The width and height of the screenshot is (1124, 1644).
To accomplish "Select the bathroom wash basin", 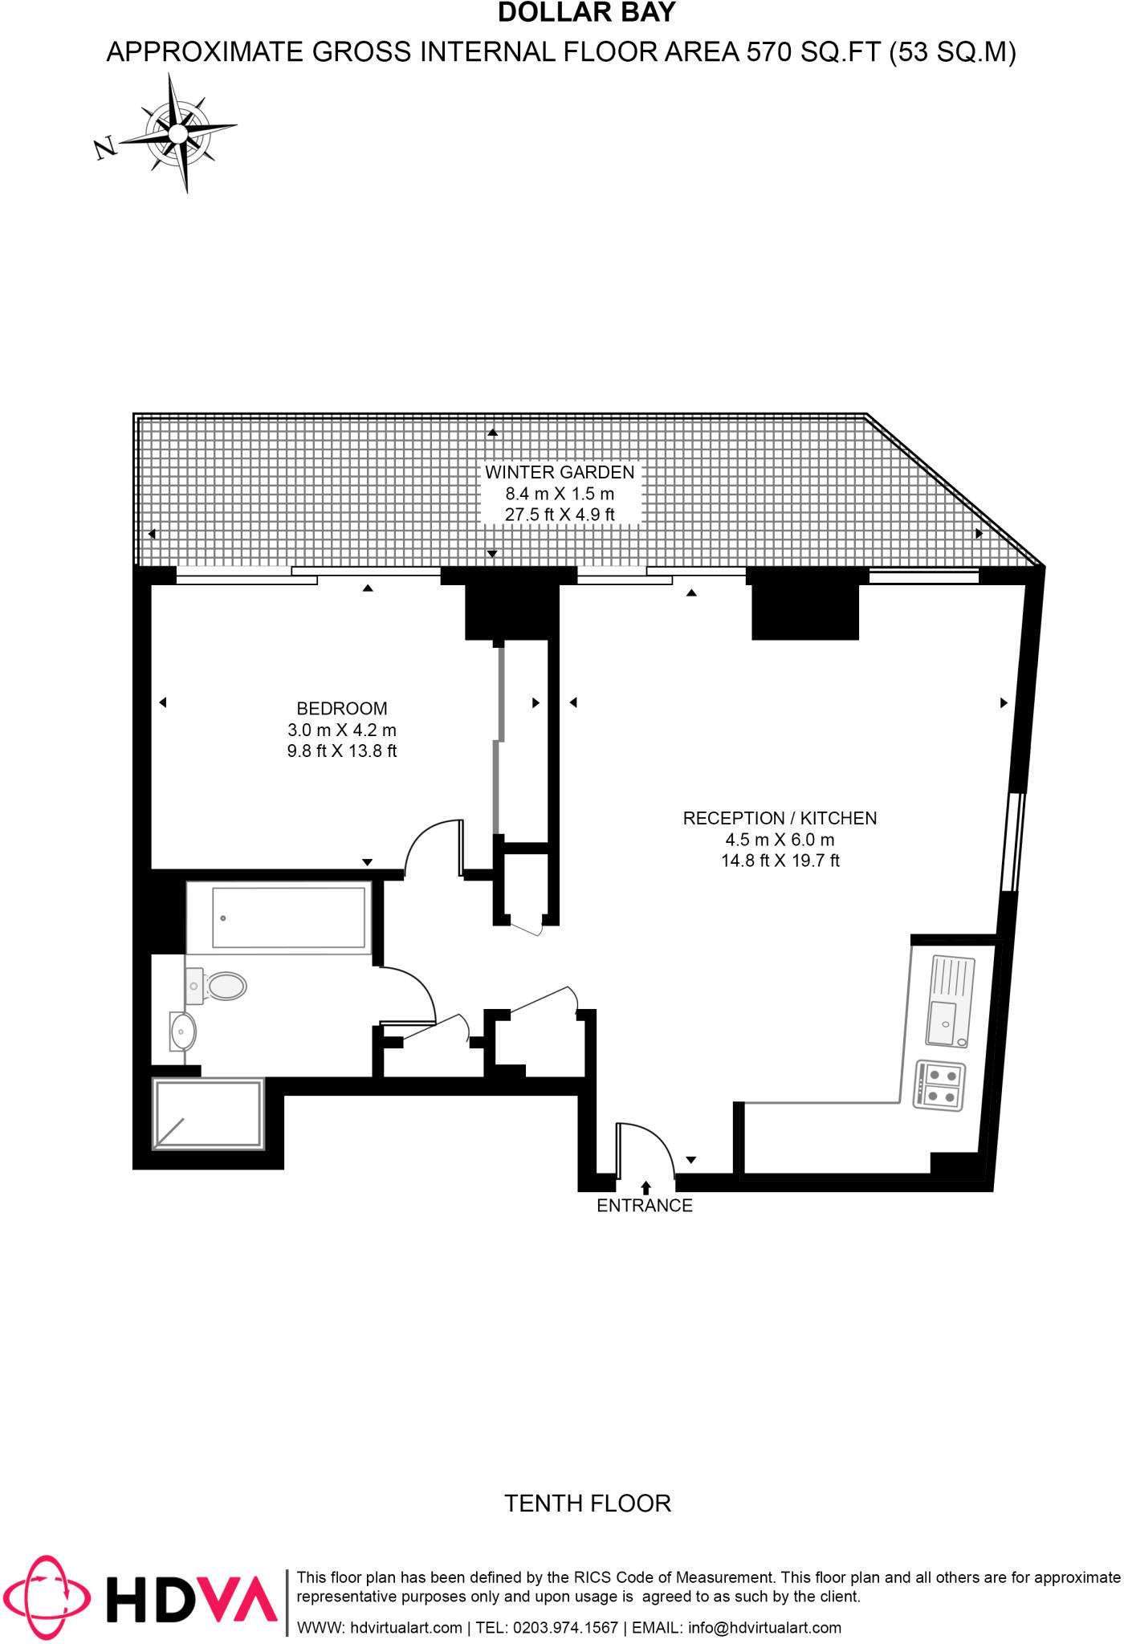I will [x=182, y=1030].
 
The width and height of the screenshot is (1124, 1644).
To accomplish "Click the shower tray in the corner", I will [x=208, y=1113].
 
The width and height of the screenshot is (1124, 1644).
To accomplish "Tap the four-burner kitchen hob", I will [x=939, y=1086].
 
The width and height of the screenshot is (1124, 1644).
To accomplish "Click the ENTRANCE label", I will [x=644, y=1205].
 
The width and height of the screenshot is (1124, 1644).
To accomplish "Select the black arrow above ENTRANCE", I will [x=645, y=1187].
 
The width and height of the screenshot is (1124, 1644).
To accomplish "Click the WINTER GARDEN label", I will [x=560, y=472].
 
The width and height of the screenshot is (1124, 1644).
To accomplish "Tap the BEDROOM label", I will [x=342, y=708].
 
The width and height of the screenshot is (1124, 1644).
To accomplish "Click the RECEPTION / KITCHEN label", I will [x=780, y=818].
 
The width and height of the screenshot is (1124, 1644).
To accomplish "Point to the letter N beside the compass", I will [x=104, y=148].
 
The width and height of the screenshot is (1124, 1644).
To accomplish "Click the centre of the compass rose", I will [x=178, y=132].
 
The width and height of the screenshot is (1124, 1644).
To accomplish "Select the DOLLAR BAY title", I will [x=587, y=13].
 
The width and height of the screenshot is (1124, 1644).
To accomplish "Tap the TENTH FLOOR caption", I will [x=587, y=1503].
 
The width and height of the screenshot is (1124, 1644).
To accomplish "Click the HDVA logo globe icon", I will [x=45, y=1597].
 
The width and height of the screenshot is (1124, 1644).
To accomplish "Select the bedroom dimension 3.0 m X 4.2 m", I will [x=342, y=730].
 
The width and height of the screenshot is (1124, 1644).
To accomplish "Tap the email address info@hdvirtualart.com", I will [x=764, y=1627].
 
